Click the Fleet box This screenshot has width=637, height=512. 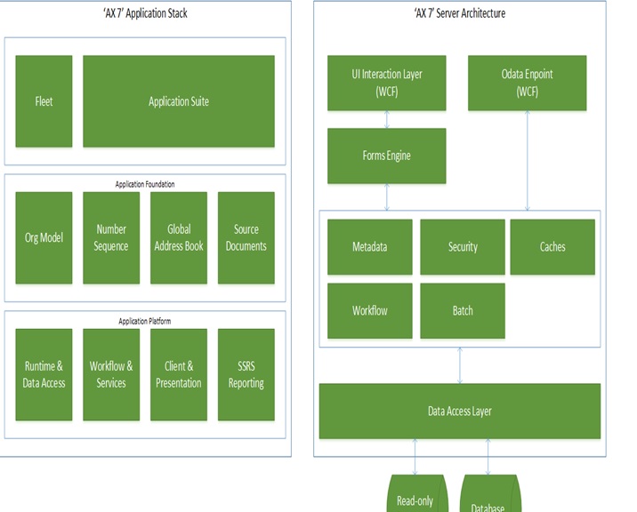click(44, 101)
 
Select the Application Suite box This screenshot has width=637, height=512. click(179, 101)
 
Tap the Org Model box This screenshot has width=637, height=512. click(44, 238)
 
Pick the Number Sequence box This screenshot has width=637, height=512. click(111, 238)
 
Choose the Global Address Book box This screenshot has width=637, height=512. click(179, 238)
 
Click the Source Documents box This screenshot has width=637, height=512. click(246, 238)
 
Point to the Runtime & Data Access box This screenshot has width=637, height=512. click(44, 375)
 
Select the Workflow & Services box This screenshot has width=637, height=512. click(111, 375)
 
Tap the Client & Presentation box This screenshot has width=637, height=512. click(179, 375)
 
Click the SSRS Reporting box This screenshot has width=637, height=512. click(246, 375)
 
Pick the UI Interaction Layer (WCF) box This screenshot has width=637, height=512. click(387, 84)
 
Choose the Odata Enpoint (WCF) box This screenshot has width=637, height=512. click(528, 84)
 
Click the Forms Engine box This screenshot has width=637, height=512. click(387, 156)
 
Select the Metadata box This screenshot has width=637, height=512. click(370, 247)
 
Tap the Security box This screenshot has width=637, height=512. click(463, 247)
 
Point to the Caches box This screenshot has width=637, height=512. click(552, 247)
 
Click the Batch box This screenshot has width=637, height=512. click(463, 311)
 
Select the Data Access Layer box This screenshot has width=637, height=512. click(460, 412)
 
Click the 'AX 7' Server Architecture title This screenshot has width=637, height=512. click(460, 13)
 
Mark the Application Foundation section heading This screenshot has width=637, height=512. click(145, 184)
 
